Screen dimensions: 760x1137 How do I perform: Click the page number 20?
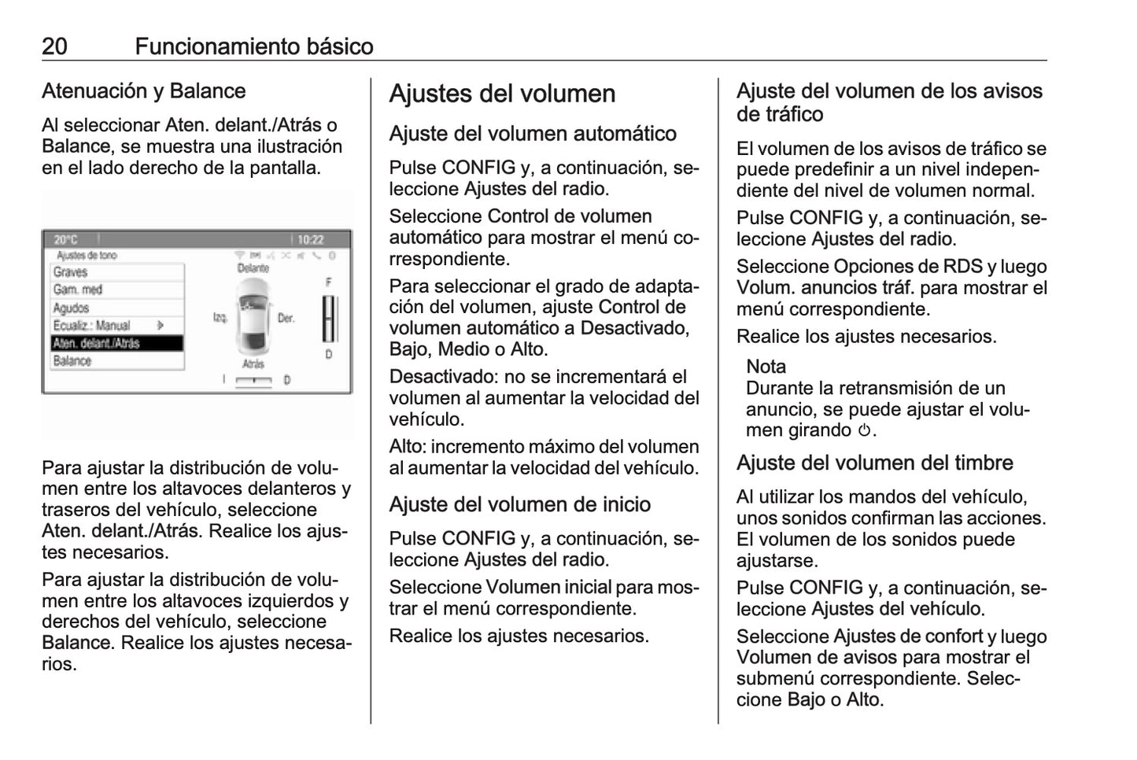tap(54, 46)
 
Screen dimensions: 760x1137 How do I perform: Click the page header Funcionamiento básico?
tap(253, 46)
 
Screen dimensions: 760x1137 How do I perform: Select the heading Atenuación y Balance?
tap(143, 91)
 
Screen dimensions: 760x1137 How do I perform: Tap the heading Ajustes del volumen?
tap(502, 94)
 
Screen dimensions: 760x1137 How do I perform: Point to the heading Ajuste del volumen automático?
tap(533, 134)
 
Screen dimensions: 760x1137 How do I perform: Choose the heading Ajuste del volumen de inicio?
tap(519, 504)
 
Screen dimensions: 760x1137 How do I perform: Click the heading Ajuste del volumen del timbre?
tap(874, 463)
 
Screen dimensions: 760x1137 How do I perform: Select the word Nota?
tap(766, 367)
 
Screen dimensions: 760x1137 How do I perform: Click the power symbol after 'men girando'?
tap(864, 431)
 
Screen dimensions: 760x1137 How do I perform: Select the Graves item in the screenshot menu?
tap(71, 272)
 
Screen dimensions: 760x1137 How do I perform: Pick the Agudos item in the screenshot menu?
tap(72, 308)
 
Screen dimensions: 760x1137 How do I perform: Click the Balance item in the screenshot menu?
tap(72, 361)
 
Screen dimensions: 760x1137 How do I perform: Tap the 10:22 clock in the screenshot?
tap(311, 240)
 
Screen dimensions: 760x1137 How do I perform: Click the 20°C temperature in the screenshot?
tap(66, 240)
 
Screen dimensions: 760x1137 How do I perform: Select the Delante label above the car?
tap(253, 268)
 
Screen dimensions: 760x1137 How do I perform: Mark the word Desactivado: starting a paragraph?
tap(444, 377)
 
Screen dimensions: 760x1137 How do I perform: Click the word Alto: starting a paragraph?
tap(408, 447)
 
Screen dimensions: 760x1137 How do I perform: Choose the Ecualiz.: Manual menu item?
tap(92, 326)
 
